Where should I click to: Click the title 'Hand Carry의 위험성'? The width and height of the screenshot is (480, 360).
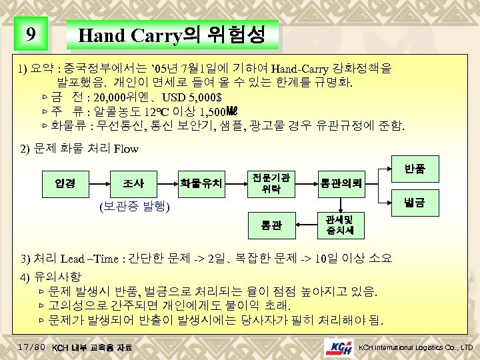[171, 34]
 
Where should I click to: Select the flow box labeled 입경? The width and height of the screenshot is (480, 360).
[65, 182]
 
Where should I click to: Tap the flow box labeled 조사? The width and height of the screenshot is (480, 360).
[133, 182]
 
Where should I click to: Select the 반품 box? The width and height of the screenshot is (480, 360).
[414, 169]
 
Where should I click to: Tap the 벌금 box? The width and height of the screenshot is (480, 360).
[414, 199]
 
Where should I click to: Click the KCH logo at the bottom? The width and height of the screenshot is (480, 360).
[340, 347]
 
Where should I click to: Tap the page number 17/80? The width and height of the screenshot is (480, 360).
[32, 347]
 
